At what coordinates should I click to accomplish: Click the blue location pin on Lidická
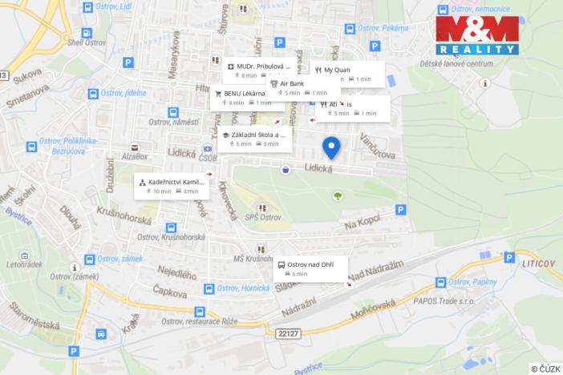tap(331, 147)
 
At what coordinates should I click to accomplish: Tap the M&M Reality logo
tap(476, 35)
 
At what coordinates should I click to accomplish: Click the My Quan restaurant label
tap(347, 74)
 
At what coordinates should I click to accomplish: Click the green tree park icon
tap(338, 196)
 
